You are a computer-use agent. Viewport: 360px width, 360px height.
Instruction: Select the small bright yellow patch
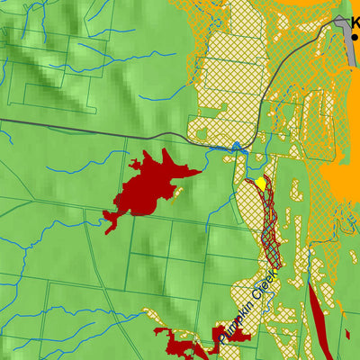tap(260, 184)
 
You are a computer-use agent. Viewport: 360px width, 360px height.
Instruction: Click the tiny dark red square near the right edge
tap(347, 334)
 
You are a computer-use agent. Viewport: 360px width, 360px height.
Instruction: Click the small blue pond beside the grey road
tap(237, 147)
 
